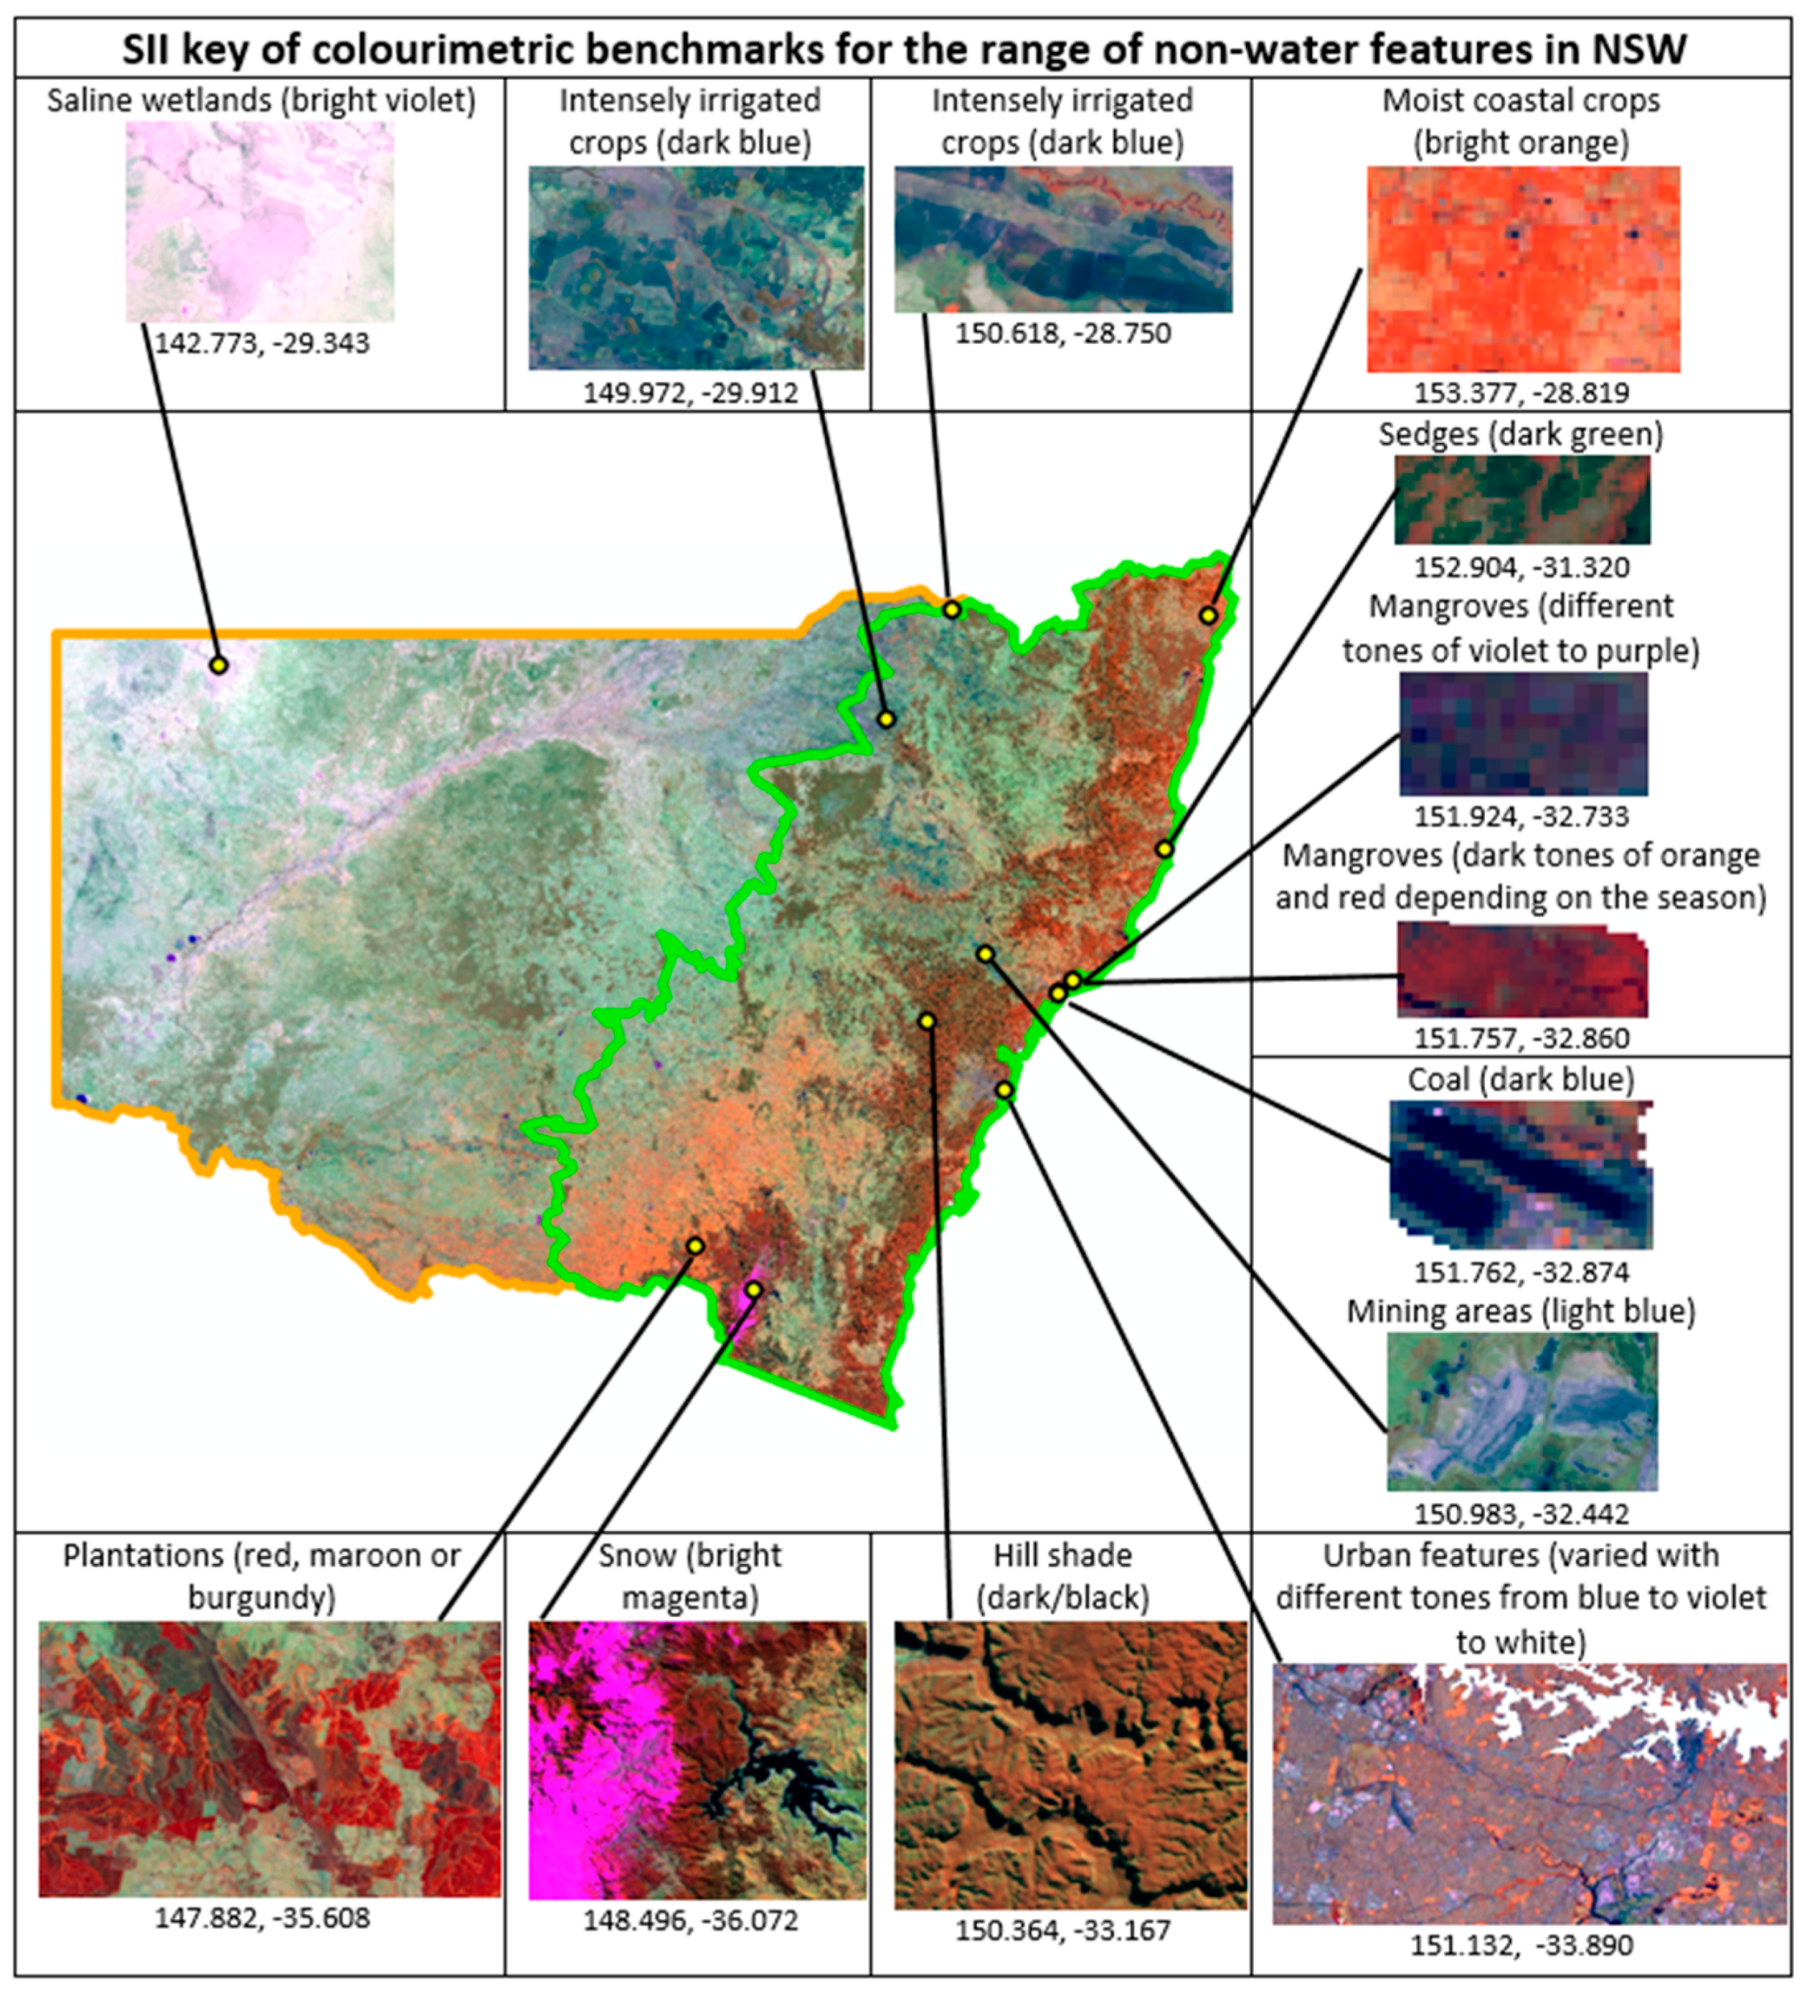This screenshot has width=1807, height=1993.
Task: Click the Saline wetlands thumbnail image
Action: pos(260,221)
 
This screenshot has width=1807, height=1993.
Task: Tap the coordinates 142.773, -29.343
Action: pos(262,343)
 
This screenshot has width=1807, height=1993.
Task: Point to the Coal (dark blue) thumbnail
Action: pos(1520,1175)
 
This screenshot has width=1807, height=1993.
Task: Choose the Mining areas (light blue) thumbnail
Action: pos(1522,1412)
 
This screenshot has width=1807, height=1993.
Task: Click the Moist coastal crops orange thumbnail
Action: pos(1523,269)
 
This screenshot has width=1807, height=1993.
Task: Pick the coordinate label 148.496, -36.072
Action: pos(690,1921)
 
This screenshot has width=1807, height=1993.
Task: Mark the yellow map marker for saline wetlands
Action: pos(219,665)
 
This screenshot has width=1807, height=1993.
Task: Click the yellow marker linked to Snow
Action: pos(753,1289)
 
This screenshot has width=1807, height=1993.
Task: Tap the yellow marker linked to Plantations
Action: pos(695,1246)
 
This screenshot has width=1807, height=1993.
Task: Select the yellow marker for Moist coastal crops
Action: pos(1207,615)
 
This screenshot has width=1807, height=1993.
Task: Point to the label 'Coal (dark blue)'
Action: pos(1520,1079)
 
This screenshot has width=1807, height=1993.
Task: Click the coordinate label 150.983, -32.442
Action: pos(1521,1513)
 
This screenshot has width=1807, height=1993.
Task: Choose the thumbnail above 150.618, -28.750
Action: pos(1063,239)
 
